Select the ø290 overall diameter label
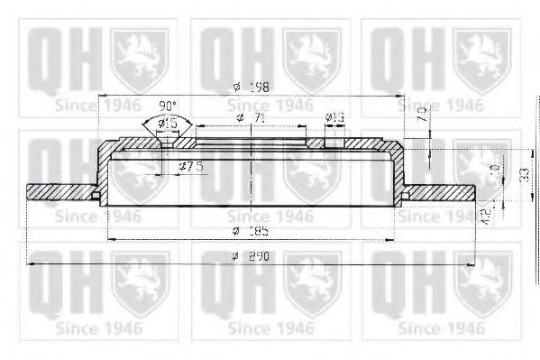[248, 256]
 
